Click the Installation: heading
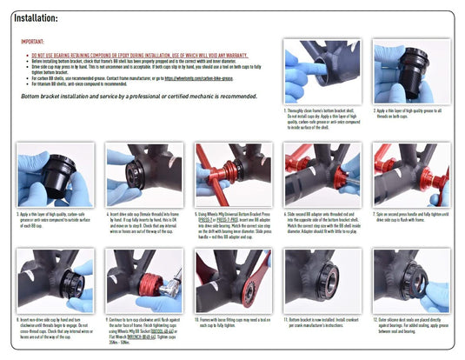click(x=34, y=17)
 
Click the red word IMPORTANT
click(x=32, y=42)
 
